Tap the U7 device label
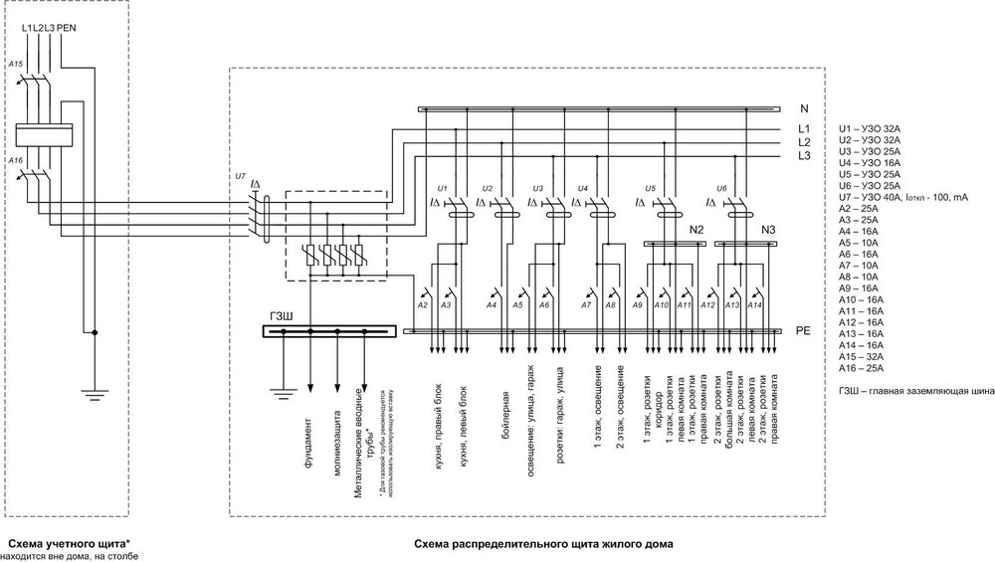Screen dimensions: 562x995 tap(239, 176)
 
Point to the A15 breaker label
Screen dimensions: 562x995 tap(15, 64)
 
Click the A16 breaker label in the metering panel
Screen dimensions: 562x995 tap(15, 159)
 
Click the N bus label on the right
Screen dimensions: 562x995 tap(804, 106)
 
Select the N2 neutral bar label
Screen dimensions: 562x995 tap(696, 229)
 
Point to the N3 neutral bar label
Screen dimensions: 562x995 tap(768, 229)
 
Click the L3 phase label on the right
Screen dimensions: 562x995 tap(804, 156)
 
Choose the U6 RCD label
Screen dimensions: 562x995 tap(722, 187)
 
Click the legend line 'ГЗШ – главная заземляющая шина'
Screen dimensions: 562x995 tap(915, 392)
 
